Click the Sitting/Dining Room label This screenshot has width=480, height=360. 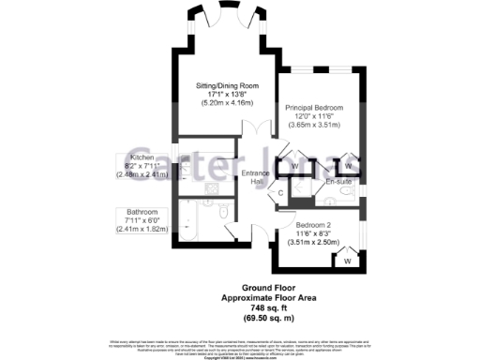[x=228, y=85]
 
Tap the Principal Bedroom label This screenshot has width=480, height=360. [x=314, y=107]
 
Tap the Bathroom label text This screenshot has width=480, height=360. [x=135, y=212]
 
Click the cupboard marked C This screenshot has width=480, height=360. [x=281, y=194]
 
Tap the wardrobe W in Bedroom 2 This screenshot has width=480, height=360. [x=346, y=259]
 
